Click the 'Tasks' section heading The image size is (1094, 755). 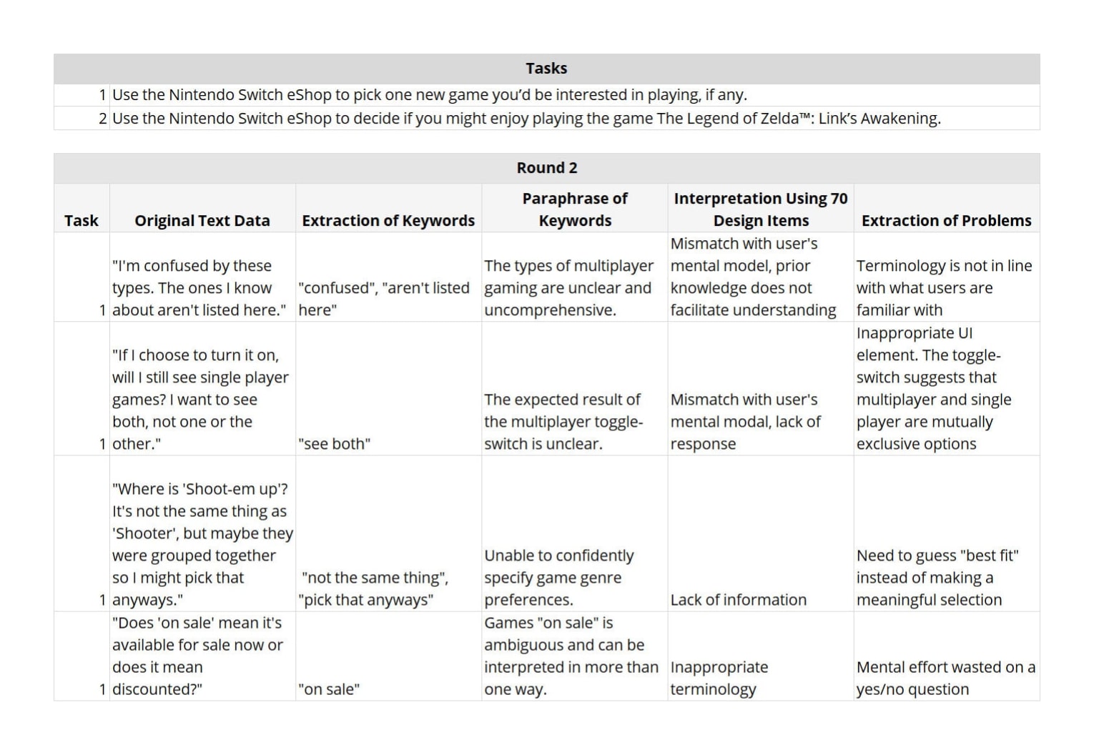[x=546, y=69]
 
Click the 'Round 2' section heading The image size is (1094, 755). [x=546, y=168]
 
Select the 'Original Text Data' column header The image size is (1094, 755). [x=202, y=221]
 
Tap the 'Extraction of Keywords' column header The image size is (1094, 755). [x=388, y=221]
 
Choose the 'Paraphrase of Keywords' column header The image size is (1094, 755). [x=575, y=209]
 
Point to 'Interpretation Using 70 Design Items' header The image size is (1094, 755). [x=760, y=209]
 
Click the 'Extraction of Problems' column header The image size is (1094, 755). [x=946, y=221]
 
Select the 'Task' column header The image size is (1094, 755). [x=82, y=221]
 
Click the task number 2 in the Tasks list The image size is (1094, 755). [x=103, y=119]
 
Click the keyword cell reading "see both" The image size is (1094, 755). [x=334, y=444]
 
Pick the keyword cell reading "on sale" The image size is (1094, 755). [x=329, y=689]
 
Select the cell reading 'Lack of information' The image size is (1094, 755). [x=738, y=600]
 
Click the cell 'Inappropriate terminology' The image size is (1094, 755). [x=719, y=678]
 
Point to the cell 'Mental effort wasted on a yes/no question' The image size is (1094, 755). [x=945, y=678]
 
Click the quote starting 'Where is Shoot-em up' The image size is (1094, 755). [x=202, y=544]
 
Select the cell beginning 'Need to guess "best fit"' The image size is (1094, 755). [x=937, y=578]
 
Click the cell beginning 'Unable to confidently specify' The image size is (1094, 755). [x=558, y=578]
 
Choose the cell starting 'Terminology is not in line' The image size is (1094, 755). [x=944, y=287]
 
